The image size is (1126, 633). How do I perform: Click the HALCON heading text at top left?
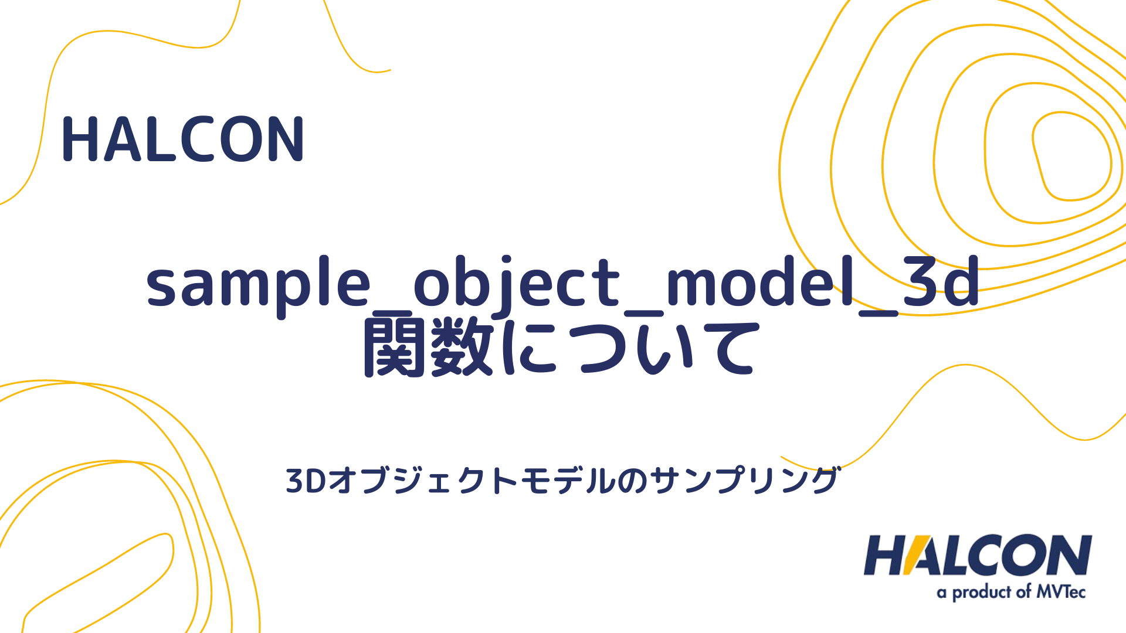pyautogui.click(x=182, y=139)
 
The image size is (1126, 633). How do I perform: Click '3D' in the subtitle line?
pyautogui.click(x=306, y=481)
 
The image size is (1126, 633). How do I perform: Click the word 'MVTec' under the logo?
pyautogui.click(x=1061, y=592)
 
